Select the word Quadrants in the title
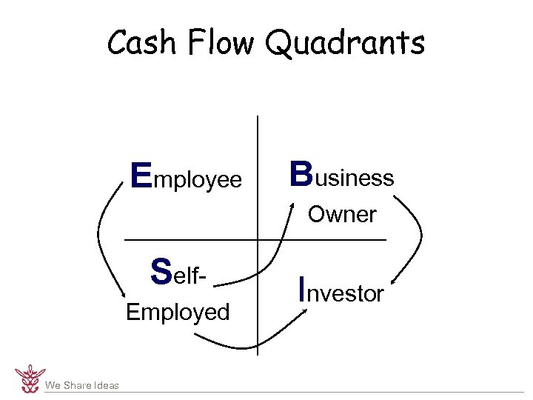click(x=345, y=44)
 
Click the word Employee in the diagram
click(x=186, y=178)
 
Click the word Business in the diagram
click(x=341, y=176)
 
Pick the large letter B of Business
click(x=301, y=175)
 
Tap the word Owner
click(x=342, y=215)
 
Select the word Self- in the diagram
click(x=177, y=272)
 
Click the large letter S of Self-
click(x=161, y=270)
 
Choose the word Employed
click(x=178, y=312)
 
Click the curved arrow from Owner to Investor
click(x=418, y=237)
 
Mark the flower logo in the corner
click(x=30, y=378)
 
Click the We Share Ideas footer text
click(x=81, y=385)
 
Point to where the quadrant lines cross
click(x=257, y=240)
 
